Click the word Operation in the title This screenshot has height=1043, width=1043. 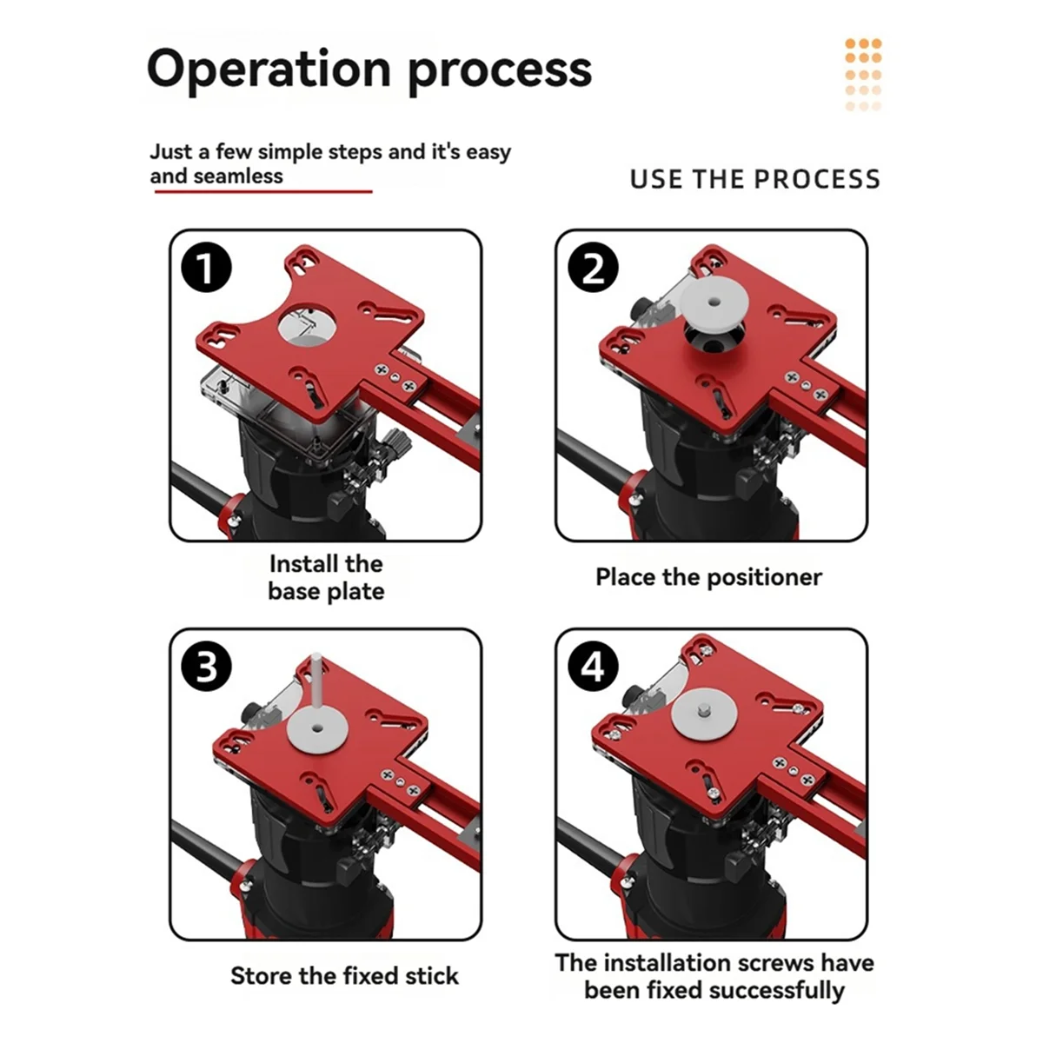click(x=269, y=70)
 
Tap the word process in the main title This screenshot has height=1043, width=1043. click(x=500, y=73)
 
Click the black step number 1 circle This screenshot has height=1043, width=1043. click(x=206, y=268)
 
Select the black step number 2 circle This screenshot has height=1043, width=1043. click(x=593, y=268)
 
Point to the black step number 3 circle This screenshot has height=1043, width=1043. click(x=206, y=666)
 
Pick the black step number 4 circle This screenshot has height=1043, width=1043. click(x=593, y=666)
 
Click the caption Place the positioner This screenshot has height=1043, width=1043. click(x=708, y=577)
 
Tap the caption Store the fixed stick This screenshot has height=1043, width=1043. click(x=344, y=976)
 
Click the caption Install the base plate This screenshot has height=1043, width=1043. click(x=327, y=577)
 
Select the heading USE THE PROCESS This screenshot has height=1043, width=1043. click(x=755, y=179)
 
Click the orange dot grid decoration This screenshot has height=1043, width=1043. click(x=863, y=75)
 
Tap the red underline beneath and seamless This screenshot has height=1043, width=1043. click(x=263, y=191)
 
